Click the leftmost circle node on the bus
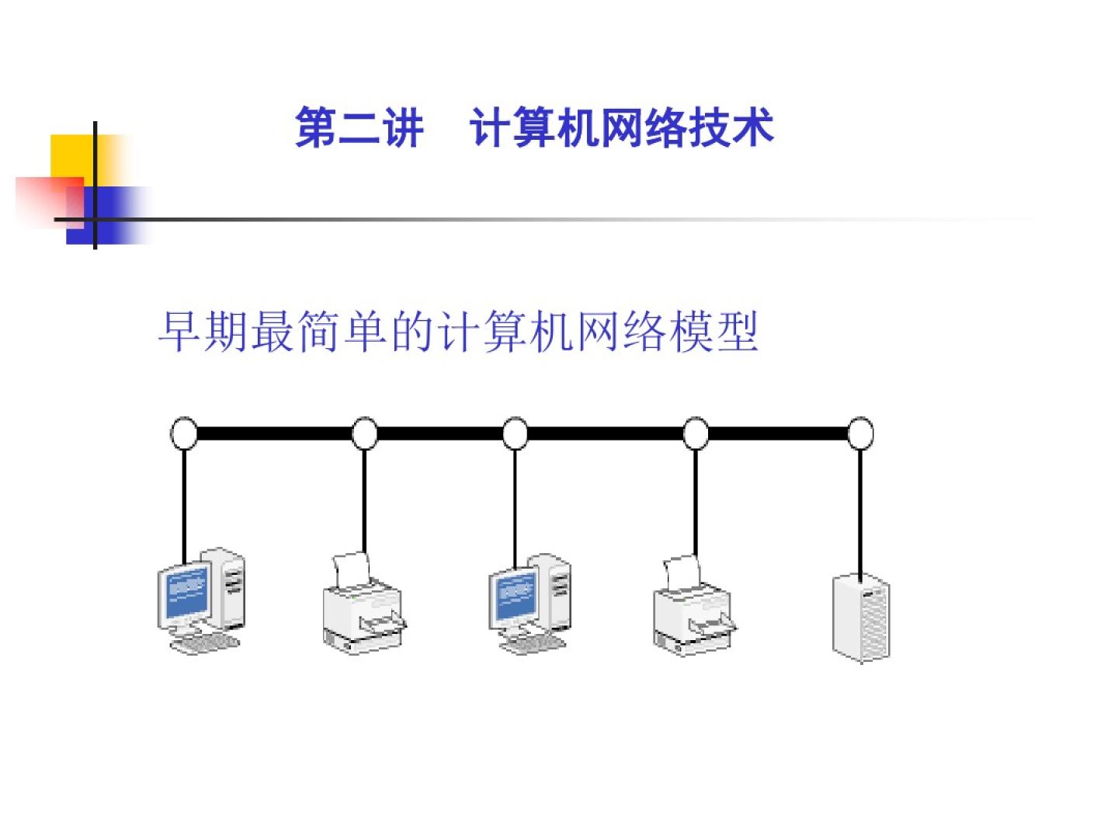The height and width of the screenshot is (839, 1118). point(184,433)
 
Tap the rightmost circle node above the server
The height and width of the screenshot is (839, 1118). point(860,433)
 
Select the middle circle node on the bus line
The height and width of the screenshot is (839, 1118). point(515,433)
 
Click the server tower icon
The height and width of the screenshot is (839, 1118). point(861,618)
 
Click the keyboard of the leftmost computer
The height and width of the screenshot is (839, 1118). point(203,642)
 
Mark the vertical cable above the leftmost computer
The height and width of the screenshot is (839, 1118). point(184,505)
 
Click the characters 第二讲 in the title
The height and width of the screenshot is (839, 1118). point(359,128)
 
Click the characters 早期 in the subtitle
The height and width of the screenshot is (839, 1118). point(203,332)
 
